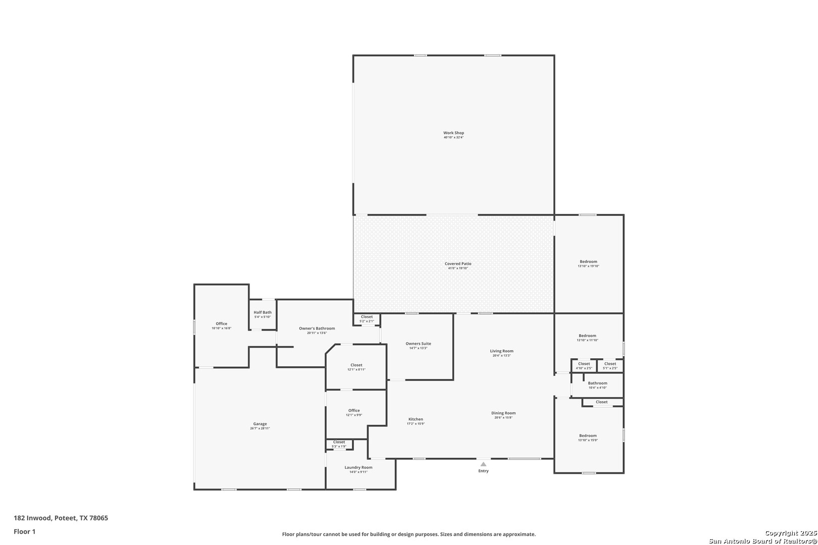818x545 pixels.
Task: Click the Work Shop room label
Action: (x=453, y=133)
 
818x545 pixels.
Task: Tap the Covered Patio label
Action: (x=458, y=264)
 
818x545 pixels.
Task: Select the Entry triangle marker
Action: (x=483, y=464)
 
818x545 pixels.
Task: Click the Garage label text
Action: (x=260, y=424)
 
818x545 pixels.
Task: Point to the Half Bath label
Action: (x=263, y=312)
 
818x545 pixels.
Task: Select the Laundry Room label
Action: (x=359, y=467)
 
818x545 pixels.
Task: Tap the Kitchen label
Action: (x=416, y=419)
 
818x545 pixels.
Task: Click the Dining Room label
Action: (x=503, y=413)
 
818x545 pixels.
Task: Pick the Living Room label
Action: (x=501, y=351)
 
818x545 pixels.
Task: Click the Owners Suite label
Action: (x=418, y=344)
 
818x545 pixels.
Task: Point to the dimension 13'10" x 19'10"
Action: (x=588, y=266)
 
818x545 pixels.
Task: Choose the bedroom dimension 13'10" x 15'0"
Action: (x=588, y=440)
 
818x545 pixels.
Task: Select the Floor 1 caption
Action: (x=24, y=531)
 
